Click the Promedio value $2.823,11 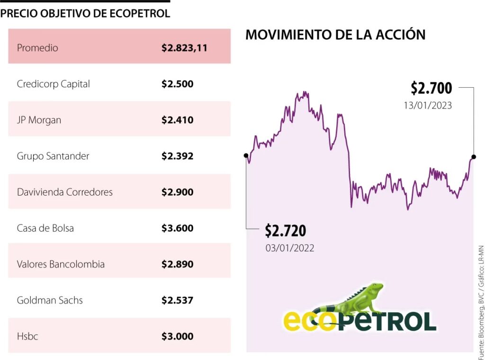click(184, 48)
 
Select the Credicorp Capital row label click(53, 84)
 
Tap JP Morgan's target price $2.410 click(177, 120)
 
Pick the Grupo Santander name click(53, 156)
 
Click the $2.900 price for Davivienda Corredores click(177, 192)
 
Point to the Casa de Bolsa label click(45, 228)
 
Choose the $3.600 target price click(177, 228)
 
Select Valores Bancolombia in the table click(61, 264)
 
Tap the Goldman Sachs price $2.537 click(177, 300)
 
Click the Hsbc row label click(27, 336)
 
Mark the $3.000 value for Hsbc click(177, 336)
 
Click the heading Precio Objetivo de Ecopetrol click(85, 13)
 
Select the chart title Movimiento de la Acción click(335, 35)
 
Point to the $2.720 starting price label click(285, 231)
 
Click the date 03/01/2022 click(289, 247)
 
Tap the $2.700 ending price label click(431, 88)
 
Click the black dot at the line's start click(246, 155)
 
